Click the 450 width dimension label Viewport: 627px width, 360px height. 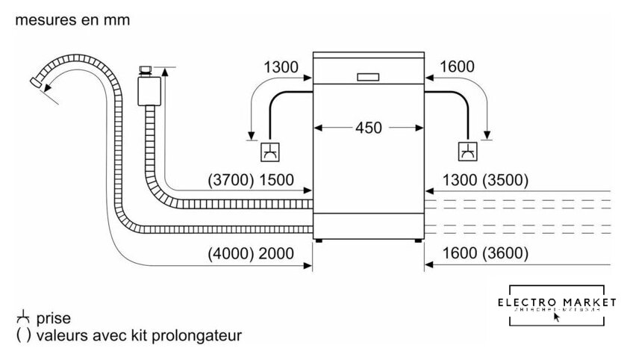coord(368,128)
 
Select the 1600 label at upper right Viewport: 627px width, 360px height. coord(458,67)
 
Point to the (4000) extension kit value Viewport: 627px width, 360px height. coord(229,253)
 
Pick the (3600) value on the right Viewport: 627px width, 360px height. coord(506,253)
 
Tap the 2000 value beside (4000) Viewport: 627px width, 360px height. coord(275,253)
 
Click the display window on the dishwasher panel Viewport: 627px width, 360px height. coord(369,77)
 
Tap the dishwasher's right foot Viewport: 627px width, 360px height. coord(417,241)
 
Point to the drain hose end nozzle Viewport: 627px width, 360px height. coord(37,81)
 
